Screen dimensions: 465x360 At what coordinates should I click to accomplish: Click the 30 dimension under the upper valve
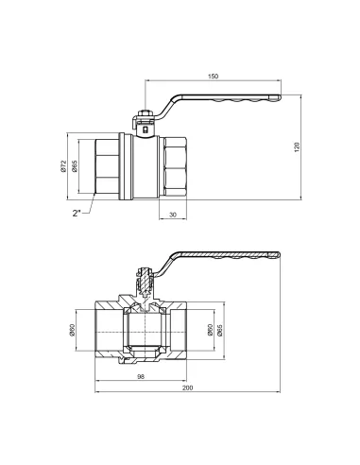171,215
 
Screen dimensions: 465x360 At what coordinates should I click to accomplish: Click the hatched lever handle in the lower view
227,258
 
